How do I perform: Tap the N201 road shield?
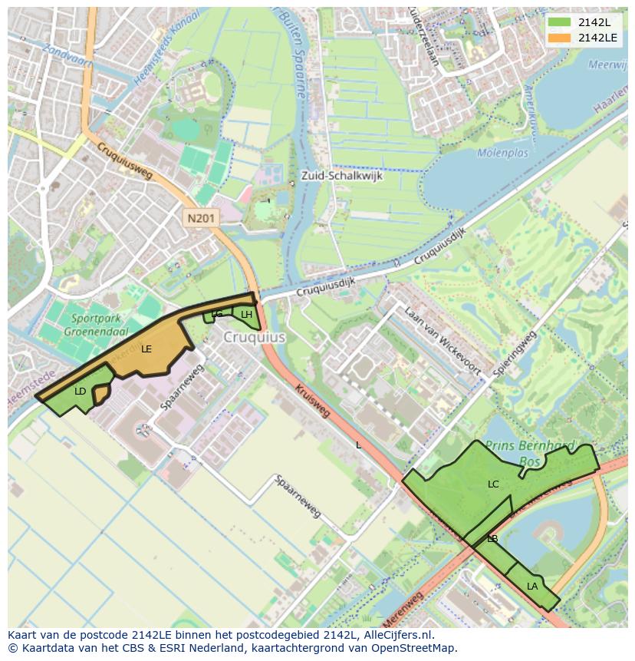coord(201,219)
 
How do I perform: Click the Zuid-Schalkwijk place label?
coord(341,175)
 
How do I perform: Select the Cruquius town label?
coord(255,337)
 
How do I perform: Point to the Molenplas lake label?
coord(502,153)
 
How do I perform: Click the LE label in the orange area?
coord(146,349)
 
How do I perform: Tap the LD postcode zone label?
coord(81,392)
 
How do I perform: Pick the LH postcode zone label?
coord(246,315)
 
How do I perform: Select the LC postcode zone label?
coord(493,484)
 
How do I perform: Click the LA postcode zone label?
coord(532,587)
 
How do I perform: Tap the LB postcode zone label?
coord(492,539)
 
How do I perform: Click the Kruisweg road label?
coord(312,401)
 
